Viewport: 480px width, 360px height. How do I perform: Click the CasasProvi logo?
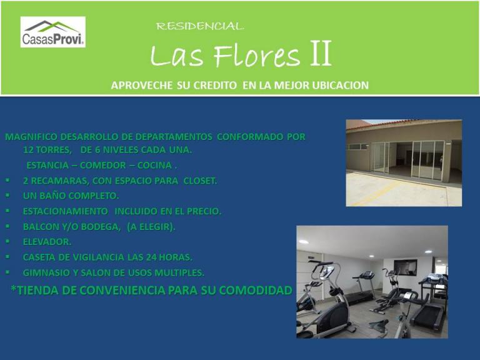(53, 32)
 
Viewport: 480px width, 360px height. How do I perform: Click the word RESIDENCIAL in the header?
(200, 26)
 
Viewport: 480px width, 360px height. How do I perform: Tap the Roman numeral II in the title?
(321, 53)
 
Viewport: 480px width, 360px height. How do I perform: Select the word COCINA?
(154, 165)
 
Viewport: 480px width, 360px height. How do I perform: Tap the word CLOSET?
(200, 181)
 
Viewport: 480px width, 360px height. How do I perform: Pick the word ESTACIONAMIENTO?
(65, 211)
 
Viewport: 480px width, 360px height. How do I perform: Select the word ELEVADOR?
(47, 242)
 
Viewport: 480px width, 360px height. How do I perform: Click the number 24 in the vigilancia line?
(151, 257)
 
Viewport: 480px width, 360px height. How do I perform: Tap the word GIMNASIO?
(46, 272)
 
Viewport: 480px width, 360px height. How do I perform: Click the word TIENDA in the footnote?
(37, 290)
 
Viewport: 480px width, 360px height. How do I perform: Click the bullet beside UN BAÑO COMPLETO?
(7, 195)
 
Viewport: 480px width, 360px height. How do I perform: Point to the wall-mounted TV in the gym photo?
(405, 268)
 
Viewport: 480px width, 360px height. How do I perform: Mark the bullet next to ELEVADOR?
(7, 241)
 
